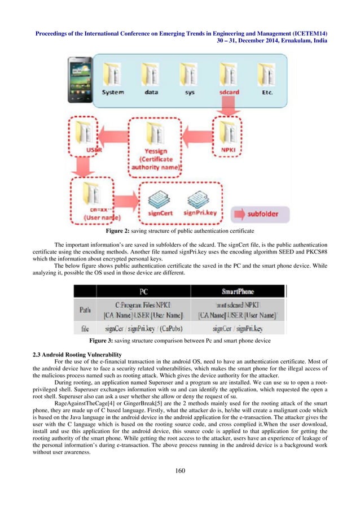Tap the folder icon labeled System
[113, 75]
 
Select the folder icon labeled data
[151, 75]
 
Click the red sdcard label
[230, 91]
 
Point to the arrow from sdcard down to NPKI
[230, 106]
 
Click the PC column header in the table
[143, 291]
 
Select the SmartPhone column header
[238, 291]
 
